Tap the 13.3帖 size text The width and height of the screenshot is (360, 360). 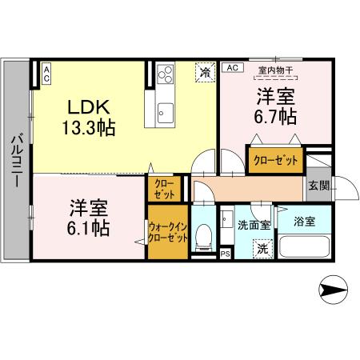[x=89, y=126]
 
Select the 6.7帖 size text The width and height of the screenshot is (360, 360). [x=276, y=117]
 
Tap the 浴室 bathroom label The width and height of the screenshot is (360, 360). [x=304, y=221]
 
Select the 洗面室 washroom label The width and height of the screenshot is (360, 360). [x=254, y=225]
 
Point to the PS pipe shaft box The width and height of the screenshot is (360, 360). [x=225, y=254]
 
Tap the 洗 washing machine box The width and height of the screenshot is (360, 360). [x=262, y=248]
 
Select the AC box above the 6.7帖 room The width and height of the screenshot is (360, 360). [x=233, y=68]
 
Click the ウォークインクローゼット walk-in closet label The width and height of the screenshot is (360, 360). [x=168, y=233]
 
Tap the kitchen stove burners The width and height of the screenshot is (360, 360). [x=167, y=74]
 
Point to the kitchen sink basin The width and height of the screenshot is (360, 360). [x=166, y=111]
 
